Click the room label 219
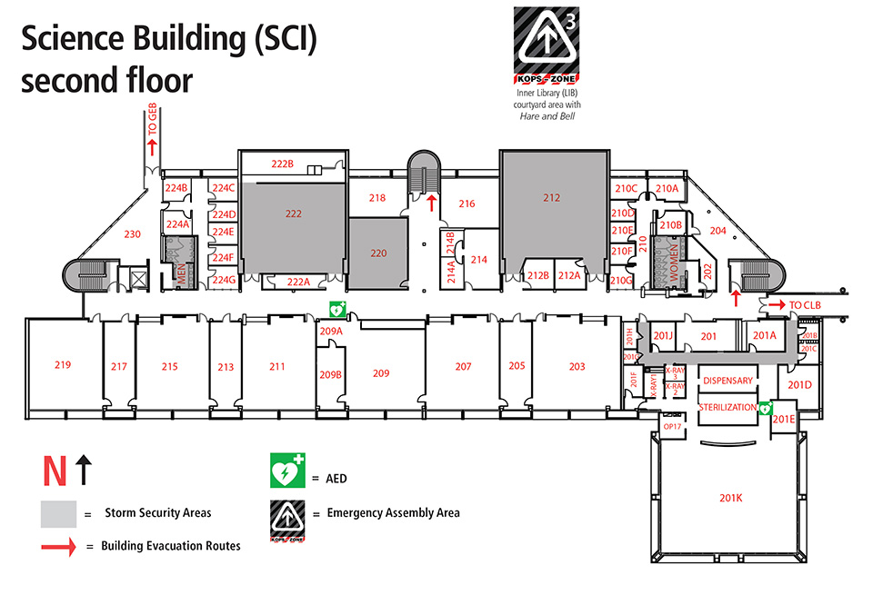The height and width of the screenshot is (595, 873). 62,365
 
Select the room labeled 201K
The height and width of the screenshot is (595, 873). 731,498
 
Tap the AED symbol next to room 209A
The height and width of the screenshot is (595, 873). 336,310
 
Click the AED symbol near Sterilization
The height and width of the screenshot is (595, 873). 766,409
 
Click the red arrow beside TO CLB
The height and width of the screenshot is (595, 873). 776,305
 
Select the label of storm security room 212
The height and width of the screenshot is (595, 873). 552,197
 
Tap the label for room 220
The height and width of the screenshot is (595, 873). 378,253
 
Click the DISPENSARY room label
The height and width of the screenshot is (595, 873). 727,381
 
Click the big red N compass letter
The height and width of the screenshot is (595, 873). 54,471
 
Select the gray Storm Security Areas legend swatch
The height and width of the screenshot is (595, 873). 57,513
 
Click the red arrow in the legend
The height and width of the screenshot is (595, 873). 58,546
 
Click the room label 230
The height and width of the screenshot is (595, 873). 133,234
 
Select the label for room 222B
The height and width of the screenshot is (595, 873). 283,164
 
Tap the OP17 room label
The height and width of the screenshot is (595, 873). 672,426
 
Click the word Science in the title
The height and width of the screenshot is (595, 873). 77,40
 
